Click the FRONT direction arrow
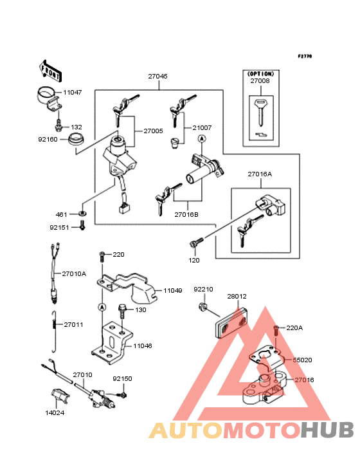pos(50,71)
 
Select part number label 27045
pos(157,77)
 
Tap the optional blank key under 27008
pos(260,113)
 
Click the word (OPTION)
pos(261,73)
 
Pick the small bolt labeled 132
pos(59,125)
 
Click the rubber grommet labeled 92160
pos(76,140)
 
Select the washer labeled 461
pos(82,214)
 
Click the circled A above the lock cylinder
pos(202,138)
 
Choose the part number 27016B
pos(186,214)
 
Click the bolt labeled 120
pos(197,243)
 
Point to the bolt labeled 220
pos(102,256)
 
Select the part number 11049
pos(172,290)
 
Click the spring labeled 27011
pos(54,331)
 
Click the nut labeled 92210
pos(203,307)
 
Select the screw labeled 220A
pos(276,330)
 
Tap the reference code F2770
pos(305,56)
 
